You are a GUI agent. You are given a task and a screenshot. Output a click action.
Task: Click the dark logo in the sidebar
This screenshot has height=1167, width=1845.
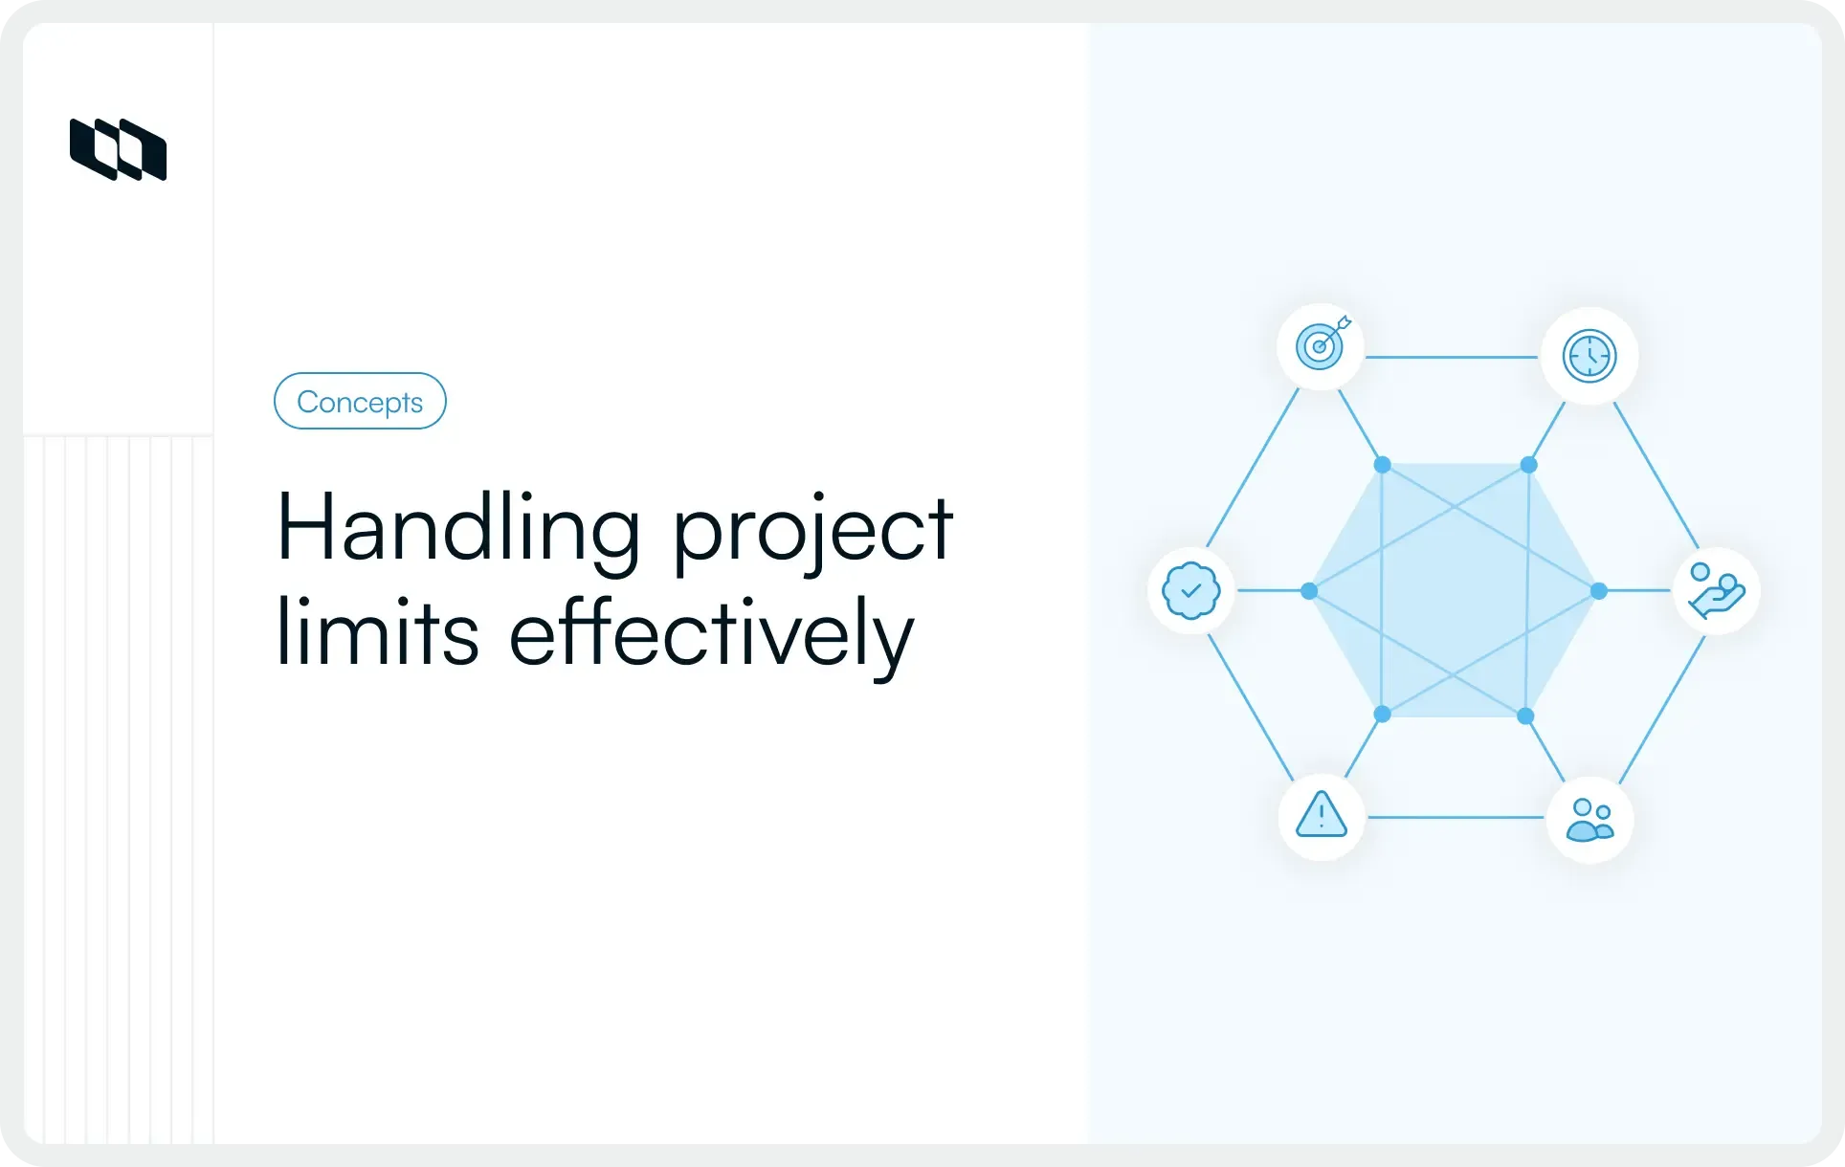[118, 149]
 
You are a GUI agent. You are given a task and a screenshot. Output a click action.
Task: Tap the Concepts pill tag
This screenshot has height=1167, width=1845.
[360, 401]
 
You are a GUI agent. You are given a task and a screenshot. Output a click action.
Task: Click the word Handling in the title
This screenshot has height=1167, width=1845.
[457, 529]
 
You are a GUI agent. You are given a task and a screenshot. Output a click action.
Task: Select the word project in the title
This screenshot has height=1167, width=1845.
[812, 532]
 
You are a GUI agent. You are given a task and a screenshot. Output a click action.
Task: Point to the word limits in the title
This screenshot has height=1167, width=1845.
[377, 632]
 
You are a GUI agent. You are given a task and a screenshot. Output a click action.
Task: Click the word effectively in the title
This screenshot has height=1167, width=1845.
[711, 634]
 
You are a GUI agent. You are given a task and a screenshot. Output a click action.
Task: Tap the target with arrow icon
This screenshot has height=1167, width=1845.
[1321, 345]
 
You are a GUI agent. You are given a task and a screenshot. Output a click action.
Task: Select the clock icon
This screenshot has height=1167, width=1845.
[1589, 356]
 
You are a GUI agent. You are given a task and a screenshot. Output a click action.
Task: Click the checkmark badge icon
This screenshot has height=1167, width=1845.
[1190, 590]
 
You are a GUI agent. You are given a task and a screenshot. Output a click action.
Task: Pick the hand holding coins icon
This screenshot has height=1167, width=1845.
[1717, 591]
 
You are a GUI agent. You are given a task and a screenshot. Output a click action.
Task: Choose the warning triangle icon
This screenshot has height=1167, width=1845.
[1322, 816]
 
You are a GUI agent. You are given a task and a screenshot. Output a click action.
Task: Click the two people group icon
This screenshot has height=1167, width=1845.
[1589, 820]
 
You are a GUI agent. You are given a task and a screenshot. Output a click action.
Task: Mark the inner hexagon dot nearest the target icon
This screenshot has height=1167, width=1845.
[1382, 465]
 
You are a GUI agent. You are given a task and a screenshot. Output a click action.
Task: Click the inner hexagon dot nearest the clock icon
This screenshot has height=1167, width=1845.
[1528, 465]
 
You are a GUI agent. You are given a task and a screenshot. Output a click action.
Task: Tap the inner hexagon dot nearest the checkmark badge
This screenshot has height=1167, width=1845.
[1309, 591]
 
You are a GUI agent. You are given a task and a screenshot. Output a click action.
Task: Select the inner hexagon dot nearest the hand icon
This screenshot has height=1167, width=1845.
[1598, 591]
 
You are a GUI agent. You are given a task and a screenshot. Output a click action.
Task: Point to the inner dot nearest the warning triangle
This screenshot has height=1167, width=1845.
[1382, 714]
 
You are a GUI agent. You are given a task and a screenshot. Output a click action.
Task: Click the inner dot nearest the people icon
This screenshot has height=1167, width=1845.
[1525, 716]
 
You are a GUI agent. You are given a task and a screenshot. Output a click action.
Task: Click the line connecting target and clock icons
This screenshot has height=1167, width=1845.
[1452, 357]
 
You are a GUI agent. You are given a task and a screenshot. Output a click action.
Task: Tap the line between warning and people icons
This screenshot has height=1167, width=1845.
[1455, 818]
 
